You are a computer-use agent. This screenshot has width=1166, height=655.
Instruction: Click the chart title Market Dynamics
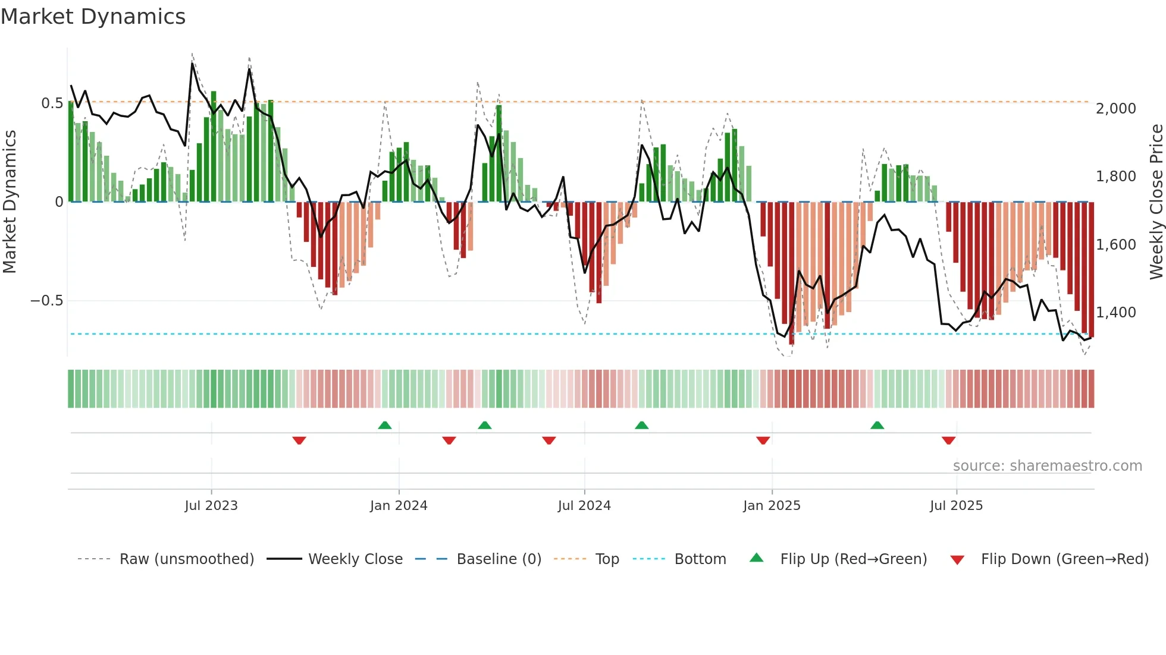93,17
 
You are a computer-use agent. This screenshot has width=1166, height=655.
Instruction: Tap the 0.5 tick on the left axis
52,103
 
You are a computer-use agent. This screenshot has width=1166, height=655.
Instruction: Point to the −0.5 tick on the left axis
46,301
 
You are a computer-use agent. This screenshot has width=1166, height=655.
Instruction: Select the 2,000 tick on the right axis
1115,109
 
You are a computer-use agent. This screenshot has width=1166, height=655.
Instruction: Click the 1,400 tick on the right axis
1115,313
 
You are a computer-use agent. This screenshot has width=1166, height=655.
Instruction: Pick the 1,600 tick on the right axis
1115,245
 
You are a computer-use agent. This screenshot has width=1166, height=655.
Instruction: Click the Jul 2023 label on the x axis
211,506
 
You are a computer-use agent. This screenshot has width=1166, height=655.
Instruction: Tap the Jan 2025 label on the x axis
772,506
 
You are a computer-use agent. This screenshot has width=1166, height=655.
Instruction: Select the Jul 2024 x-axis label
584,506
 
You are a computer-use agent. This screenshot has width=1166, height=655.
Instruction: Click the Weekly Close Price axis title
1156,202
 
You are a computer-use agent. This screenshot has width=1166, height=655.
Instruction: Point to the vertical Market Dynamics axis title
10,202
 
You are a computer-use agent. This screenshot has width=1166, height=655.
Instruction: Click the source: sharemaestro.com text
1047,466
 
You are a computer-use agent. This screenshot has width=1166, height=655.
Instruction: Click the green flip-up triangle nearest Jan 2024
385,426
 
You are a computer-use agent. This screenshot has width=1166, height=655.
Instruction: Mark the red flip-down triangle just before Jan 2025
763,440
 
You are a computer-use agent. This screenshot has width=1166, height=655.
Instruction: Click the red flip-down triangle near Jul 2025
949,440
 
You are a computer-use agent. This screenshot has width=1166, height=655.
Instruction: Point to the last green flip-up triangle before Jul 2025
877,426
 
